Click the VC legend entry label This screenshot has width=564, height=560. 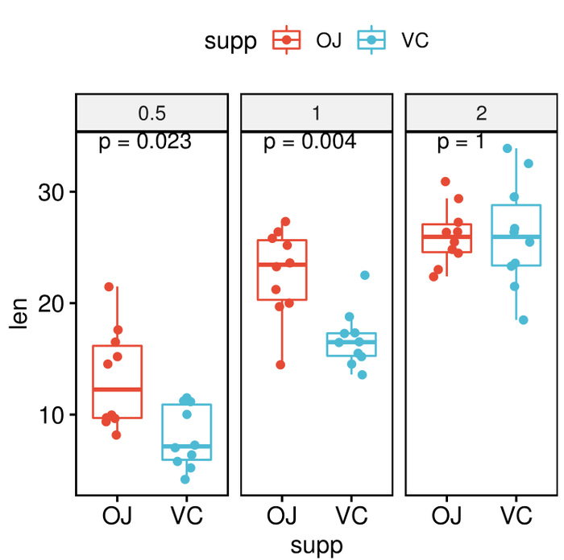pos(414,40)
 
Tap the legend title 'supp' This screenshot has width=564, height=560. pos(230,41)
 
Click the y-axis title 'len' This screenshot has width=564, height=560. pos(19,314)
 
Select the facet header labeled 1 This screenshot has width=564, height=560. pos(317,113)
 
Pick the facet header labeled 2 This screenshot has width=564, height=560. pos(481,113)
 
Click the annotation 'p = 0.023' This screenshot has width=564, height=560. pos(145,142)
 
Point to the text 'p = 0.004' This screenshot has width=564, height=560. pos(309,142)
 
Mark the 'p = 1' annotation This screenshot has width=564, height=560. pos(461,142)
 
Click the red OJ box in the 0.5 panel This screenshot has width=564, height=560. pos(118,381)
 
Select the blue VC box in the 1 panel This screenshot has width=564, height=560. pos(350,344)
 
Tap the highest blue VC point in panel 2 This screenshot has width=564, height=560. pos(508,149)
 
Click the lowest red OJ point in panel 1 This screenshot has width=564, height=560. pos(280,364)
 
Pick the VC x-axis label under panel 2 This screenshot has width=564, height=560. pos(516,515)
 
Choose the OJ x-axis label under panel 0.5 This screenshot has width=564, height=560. pos(118,515)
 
